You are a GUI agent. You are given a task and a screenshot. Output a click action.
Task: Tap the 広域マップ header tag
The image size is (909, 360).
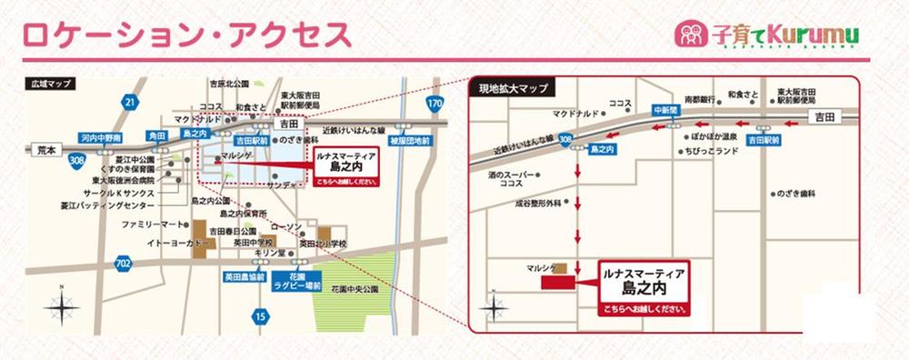click(51, 84)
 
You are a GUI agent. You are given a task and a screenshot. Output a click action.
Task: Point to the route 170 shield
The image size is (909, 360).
click(435, 104)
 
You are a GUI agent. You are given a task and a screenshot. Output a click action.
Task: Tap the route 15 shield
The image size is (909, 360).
click(262, 316)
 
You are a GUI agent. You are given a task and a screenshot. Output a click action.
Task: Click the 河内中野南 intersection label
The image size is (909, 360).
click(100, 137)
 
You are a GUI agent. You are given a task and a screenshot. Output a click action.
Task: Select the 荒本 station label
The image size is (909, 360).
click(43, 147)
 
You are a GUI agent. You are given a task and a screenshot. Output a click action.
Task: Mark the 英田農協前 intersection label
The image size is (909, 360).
click(245, 275)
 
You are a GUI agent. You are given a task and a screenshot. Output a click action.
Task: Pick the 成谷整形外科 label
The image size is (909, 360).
click(534, 205)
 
